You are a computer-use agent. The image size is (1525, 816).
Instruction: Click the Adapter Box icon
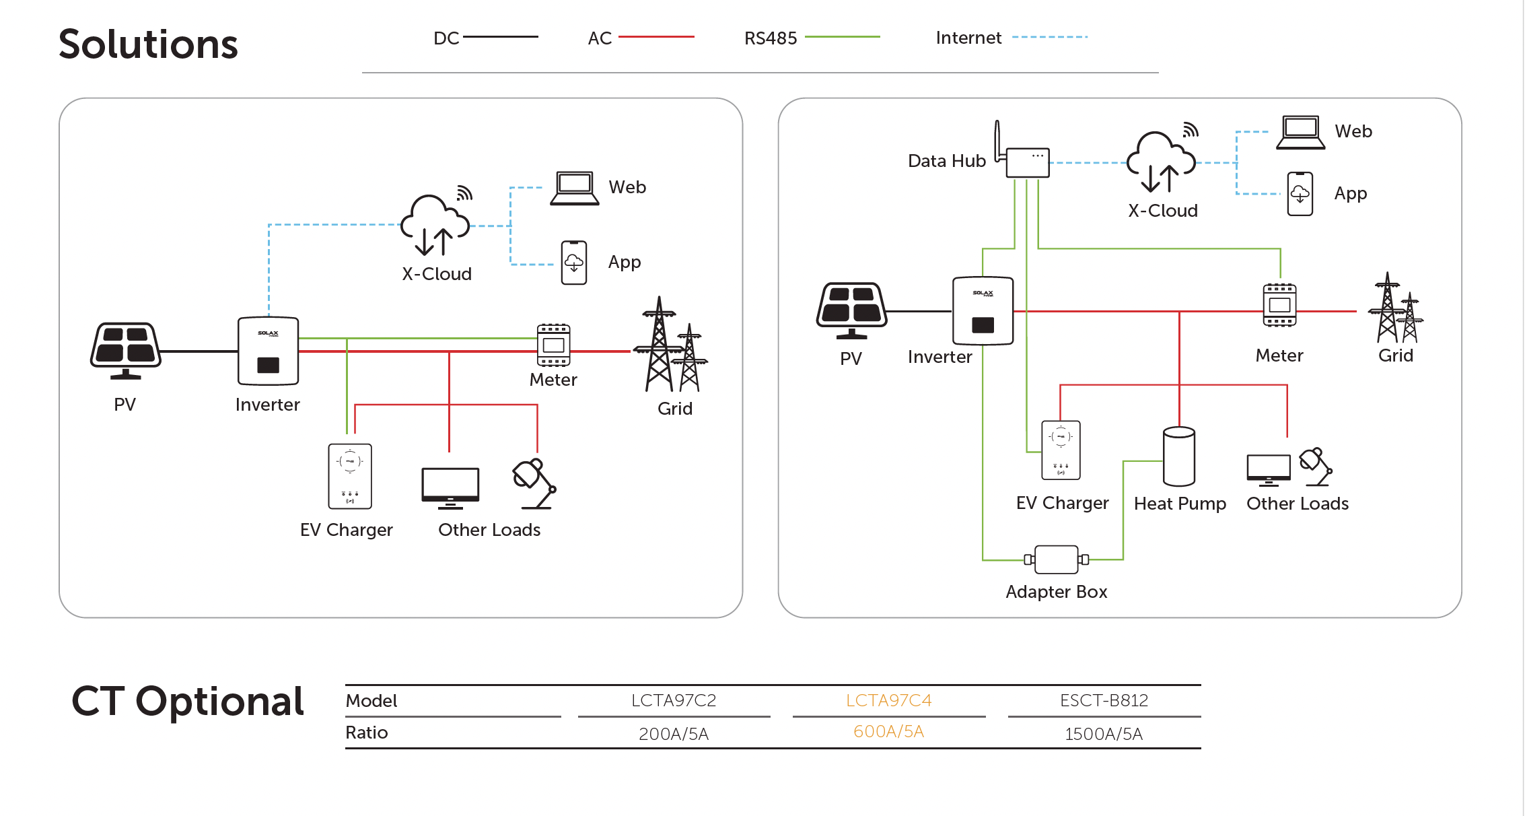click(1056, 559)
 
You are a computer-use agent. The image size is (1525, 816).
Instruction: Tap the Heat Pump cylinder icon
click(1179, 456)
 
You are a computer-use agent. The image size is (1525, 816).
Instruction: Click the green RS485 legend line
click(842, 37)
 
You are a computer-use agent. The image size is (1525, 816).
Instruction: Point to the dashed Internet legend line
click(1050, 37)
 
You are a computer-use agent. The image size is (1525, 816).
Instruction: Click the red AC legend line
click(656, 37)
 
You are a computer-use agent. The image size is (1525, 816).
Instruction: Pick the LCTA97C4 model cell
click(888, 701)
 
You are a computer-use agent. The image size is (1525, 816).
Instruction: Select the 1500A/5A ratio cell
click(1104, 734)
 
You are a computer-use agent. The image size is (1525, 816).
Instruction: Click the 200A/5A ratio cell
click(674, 734)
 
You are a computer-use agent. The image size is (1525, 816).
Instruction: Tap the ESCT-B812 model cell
click(1104, 701)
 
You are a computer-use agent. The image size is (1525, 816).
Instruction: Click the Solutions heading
click(148, 44)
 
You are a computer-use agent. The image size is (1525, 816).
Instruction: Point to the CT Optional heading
click(188, 702)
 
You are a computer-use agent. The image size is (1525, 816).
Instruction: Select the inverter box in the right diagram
click(983, 310)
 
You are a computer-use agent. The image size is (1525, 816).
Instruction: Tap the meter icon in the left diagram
click(553, 345)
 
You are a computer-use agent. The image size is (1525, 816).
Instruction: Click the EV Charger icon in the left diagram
click(350, 476)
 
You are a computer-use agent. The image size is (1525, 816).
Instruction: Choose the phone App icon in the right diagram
click(1300, 194)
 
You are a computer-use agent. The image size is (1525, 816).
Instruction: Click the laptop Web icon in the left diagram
click(574, 188)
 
